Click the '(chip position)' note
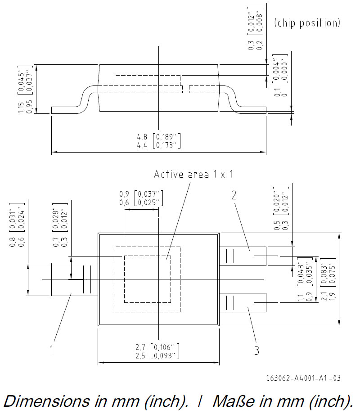(x=307, y=23)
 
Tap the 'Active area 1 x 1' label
(x=193, y=174)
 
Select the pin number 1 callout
(x=52, y=350)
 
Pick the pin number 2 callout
(x=234, y=195)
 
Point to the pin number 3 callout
(x=256, y=350)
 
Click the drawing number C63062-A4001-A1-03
(x=303, y=378)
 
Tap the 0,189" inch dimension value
(x=166, y=137)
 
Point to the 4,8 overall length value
(x=142, y=137)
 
